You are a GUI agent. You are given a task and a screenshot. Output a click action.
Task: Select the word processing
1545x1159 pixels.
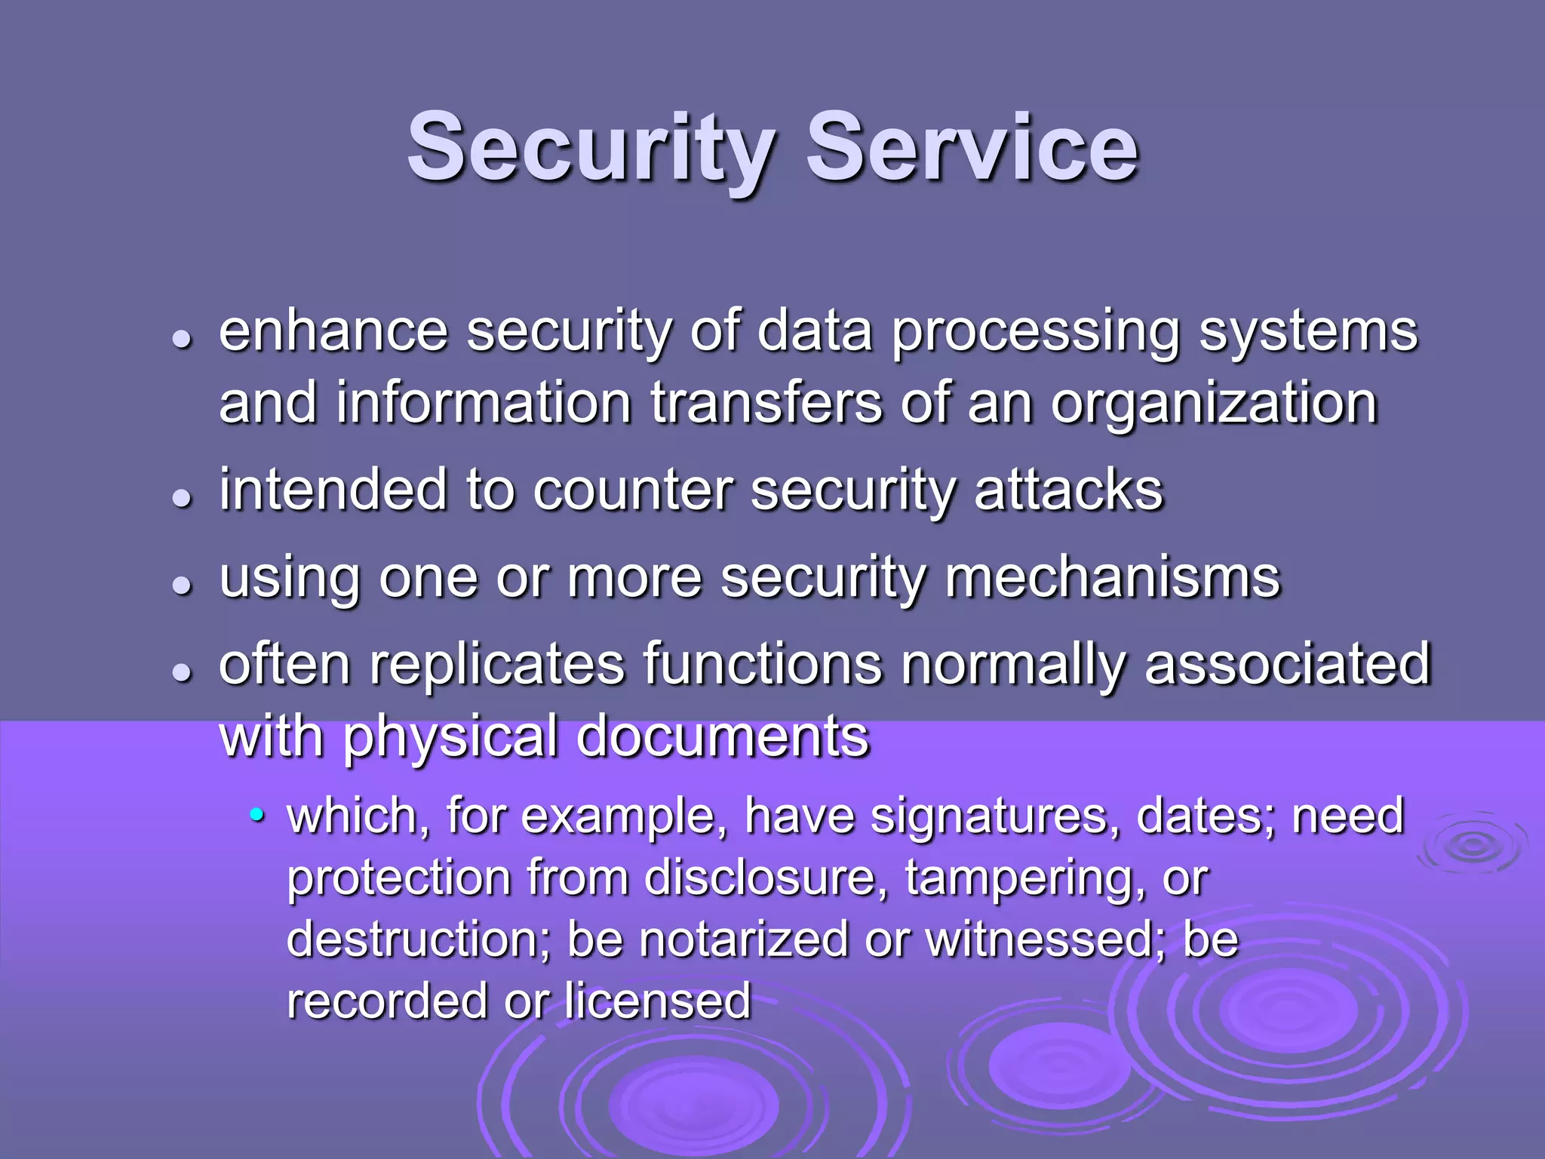1036,333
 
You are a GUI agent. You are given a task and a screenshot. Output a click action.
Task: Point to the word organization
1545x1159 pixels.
1215,404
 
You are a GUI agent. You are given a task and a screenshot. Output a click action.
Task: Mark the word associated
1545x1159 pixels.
1287,664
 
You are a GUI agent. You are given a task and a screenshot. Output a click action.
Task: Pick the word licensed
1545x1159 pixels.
657,1001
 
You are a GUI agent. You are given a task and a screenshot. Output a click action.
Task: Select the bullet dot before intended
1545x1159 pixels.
181,498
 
